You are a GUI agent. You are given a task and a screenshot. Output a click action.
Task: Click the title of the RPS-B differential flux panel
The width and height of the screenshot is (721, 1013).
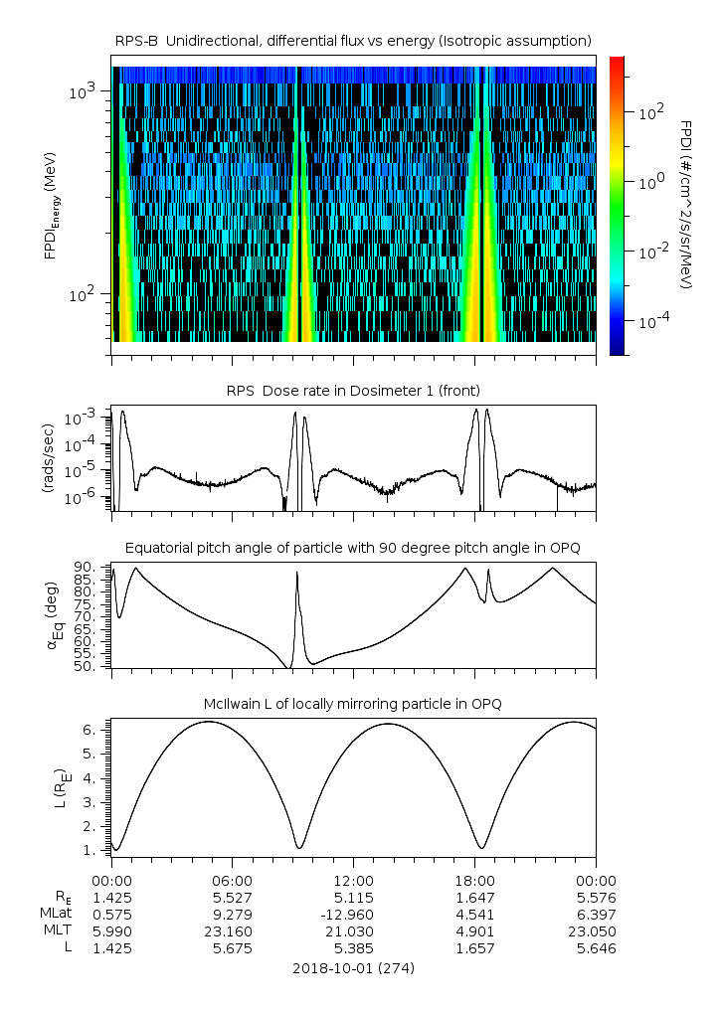pyautogui.click(x=353, y=40)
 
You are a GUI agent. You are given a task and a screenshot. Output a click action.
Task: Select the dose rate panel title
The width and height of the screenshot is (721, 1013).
pyautogui.click(x=353, y=390)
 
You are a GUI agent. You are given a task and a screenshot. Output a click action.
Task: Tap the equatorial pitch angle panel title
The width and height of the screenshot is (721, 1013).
pyautogui.click(x=353, y=549)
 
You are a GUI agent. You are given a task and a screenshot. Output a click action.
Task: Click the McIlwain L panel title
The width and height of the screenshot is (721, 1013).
pyautogui.click(x=353, y=704)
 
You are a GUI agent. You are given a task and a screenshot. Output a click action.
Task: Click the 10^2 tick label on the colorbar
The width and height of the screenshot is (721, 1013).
pyautogui.click(x=651, y=112)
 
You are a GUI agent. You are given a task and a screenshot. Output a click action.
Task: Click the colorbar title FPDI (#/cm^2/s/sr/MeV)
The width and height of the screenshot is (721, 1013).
pyautogui.click(x=686, y=205)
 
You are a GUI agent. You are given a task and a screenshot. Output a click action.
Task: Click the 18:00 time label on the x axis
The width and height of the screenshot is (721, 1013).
pyautogui.click(x=474, y=880)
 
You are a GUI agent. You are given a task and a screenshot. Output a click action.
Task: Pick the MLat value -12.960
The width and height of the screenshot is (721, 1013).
pyautogui.click(x=353, y=913)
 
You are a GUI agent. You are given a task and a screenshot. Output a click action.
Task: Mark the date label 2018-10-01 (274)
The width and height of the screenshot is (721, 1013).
pyautogui.click(x=353, y=967)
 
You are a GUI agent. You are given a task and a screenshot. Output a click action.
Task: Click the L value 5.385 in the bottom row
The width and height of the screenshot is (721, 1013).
pyautogui.click(x=353, y=948)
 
